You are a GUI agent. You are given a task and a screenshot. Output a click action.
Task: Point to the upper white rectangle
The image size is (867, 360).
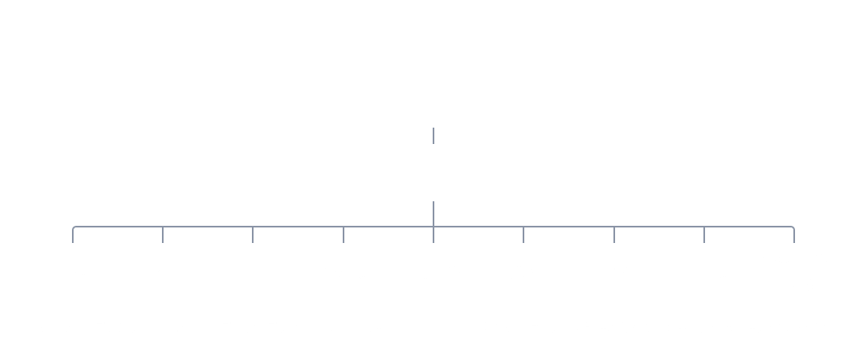433,100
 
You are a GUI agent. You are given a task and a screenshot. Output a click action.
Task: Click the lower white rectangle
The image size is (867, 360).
433,173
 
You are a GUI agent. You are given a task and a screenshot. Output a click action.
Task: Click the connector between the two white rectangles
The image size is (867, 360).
433,136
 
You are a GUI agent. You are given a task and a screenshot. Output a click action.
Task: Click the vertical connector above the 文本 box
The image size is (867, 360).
73,235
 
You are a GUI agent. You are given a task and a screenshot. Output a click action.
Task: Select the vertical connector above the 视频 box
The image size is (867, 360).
613,235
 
